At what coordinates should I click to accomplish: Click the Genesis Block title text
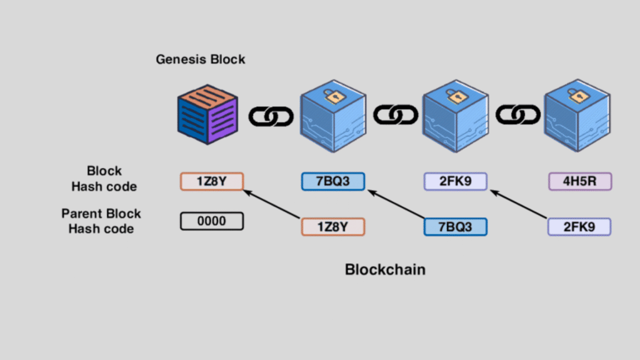(x=201, y=60)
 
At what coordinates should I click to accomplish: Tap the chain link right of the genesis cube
(x=271, y=116)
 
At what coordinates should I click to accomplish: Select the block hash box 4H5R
(x=580, y=181)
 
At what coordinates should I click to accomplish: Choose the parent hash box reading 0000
(x=211, y=221)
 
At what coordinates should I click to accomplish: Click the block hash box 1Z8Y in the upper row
(x=211, y=181)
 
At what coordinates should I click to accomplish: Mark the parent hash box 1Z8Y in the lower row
(x=332, y=227)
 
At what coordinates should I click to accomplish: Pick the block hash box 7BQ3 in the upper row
(x=332, y=181)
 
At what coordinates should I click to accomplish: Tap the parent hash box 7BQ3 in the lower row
(x=456, y=227)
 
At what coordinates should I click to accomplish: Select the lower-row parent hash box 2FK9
(x=579, y=227)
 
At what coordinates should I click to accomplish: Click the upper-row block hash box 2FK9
(x=456, y=181)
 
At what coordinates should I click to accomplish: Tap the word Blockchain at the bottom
(x=385, y=270)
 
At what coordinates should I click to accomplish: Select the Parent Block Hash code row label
(x=101, y=221)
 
